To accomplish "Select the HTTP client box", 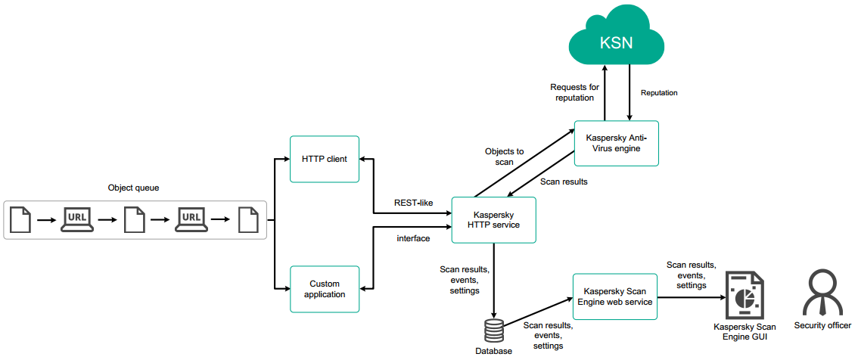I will point(324,159).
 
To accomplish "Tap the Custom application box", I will point(324,289).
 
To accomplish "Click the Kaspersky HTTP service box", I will point(493,220).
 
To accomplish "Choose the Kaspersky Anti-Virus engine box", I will point(616,143).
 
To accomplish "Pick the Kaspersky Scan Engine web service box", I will point(614,296).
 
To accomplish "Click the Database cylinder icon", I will point(493,331).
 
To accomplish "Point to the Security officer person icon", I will point(822,293).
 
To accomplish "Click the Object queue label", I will point(134,187).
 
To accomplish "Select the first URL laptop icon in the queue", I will point(77,219).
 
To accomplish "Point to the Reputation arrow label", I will point(659,93).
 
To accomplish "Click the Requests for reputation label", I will point(574,92).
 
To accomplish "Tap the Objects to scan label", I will point(504,157).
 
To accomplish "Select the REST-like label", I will point(413,203).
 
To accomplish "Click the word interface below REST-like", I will point(413,238).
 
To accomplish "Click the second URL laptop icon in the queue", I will point(191,219).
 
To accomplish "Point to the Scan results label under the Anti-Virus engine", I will point(564,182).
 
